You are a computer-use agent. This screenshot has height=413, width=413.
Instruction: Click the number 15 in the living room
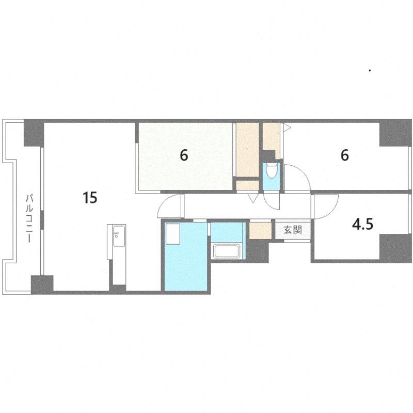(90, 198)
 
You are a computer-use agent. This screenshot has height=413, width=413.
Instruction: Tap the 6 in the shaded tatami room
(184, 155)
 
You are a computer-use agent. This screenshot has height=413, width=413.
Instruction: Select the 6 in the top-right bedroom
(345, 155)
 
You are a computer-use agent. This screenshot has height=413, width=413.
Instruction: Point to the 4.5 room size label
(363, 225)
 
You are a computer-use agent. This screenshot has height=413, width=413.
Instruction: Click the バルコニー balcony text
(29, 218)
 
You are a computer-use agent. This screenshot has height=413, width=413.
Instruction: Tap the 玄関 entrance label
(293, 230)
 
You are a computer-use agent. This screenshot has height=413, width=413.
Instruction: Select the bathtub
(227, 251)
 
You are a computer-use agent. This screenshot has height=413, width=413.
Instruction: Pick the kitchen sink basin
(119, 236)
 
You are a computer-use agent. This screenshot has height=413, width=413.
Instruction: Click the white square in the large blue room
(172, 234)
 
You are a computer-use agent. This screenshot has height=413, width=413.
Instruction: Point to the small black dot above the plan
(370, 70)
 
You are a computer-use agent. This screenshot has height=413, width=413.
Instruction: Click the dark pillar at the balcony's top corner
(34, 133)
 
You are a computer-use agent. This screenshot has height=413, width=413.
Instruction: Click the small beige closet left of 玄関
(260, 231)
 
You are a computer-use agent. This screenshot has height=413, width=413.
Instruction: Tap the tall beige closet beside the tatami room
(247, 150)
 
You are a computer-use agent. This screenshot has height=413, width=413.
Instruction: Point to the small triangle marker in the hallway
(253, 198)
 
